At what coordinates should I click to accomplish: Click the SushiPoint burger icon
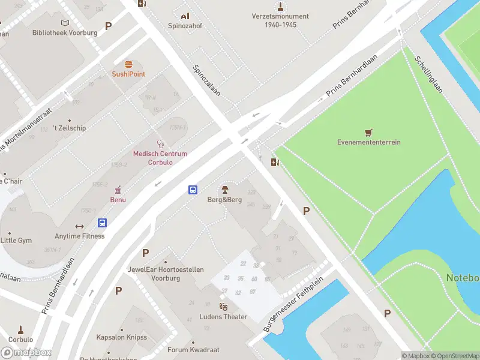[128, 64]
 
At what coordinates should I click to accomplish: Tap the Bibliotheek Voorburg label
[65, 32]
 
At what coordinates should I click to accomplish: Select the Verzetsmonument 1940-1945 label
[281, 21]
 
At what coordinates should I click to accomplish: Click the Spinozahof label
[185, 26]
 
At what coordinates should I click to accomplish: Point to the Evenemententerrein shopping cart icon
[368, 132]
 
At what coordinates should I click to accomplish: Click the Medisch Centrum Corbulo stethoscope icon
[160, 144]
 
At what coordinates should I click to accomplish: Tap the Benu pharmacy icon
[118, 190]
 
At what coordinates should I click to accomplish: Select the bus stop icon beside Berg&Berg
[193, 190]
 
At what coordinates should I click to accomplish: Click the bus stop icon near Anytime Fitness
[103, 223]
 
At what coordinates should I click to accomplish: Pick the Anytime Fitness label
[79, 236]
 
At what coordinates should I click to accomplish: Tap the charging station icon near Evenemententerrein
[275, 162]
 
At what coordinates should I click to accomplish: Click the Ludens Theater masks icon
[223, 307]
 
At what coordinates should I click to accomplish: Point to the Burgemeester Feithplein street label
[293, 305]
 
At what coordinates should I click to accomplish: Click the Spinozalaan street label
[206, 80]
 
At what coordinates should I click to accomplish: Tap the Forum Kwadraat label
[193, 350]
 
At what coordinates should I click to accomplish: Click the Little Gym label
[16, 241]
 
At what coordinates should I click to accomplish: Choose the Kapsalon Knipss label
[122, 337]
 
